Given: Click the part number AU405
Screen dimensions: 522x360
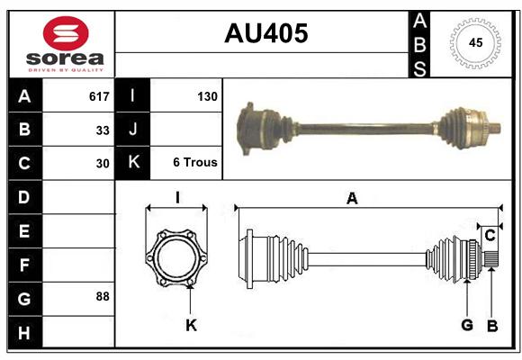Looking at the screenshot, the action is point(266,33).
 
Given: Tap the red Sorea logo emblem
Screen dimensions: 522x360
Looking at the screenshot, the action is point(66,33).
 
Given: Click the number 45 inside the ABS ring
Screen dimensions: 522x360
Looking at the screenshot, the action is point(475,42).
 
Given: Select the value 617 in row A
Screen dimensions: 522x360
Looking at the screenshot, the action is point(99,96).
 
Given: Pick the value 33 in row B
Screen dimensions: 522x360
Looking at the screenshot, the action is point(103,130).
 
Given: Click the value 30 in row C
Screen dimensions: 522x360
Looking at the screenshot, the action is point(103,164).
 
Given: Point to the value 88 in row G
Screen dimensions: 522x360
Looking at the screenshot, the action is point(103,296).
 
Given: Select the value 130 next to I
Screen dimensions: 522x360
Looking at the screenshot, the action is point(207,96).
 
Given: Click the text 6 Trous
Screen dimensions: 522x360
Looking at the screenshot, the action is point(195,162).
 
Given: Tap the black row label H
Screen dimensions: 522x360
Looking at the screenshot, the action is point(24,333).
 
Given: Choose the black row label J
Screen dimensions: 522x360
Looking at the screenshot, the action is point(133,130).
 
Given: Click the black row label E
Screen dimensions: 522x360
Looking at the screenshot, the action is point(24,231).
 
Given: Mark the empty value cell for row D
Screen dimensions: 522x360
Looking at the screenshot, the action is point(78,197).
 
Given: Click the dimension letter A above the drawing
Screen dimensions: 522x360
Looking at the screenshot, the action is point(352,199).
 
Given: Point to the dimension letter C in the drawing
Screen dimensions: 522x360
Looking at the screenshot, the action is point(490,236).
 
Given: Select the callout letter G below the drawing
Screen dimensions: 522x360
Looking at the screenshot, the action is point(467,325).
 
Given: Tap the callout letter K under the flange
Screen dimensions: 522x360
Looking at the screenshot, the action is point(192,326).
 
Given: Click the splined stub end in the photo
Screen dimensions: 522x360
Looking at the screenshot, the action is point(495,129).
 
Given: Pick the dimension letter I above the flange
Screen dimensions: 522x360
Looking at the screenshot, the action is point(177,198).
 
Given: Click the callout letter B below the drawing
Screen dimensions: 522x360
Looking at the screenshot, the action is point(492,326).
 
